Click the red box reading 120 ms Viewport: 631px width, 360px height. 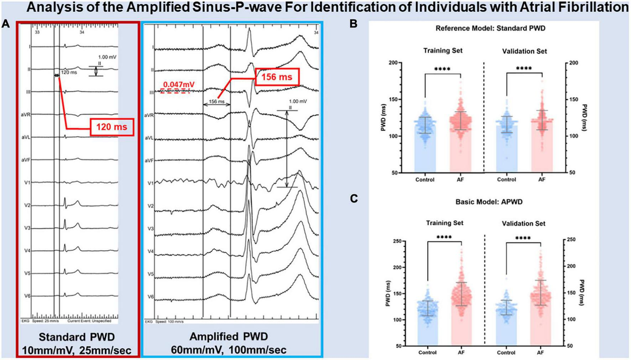click(112, 127)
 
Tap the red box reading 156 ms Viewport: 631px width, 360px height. click(277, 77)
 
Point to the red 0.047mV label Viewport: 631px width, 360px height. click(179, 85)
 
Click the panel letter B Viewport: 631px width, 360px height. click(353, 24)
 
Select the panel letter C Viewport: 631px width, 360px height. click(354, 198)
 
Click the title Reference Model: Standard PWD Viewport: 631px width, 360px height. click(490, 28)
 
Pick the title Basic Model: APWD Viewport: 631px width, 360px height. click(489, 202)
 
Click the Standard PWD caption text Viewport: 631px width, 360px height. click(77, 337)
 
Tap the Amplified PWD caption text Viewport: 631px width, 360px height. click(229, 337)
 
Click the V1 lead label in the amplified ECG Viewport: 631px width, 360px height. click(151, 183)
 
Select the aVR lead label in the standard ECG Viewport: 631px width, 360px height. click(26, 115)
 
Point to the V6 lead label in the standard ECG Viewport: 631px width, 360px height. click(27, 296)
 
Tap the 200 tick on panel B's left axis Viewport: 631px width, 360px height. click(393, 63)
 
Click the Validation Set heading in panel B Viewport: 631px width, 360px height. click(524, 51)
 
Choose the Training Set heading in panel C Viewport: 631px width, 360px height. click(444, 223)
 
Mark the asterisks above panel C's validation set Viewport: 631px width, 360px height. click(523, 238)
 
